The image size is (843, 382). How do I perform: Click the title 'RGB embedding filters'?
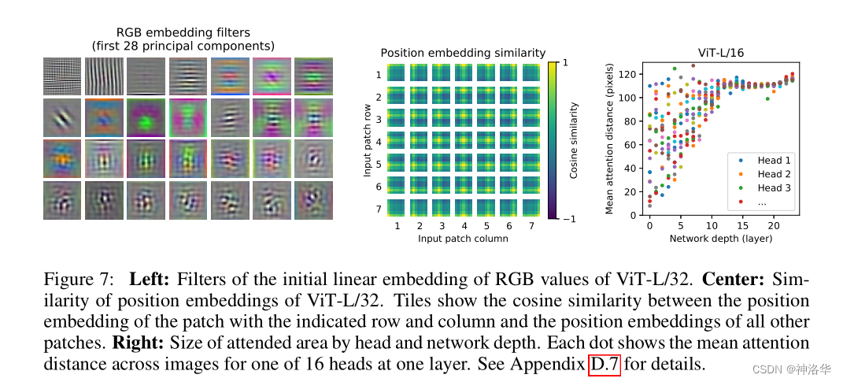(183, 32)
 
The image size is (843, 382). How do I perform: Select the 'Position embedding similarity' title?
(463, 53)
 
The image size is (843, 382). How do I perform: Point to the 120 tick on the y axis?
(627, 75)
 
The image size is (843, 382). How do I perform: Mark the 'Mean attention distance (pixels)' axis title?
(609, 139)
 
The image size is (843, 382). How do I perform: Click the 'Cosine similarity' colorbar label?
(575, 139)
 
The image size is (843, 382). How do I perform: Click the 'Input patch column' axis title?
(464, 238)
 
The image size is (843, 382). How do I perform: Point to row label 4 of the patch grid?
(379, 143)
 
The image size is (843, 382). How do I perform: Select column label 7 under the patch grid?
(531, 226)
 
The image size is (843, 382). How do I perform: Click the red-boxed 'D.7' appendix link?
(605, 365)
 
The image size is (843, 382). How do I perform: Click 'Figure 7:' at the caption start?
(79, 280)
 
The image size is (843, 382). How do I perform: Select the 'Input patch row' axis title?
(366, 139)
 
